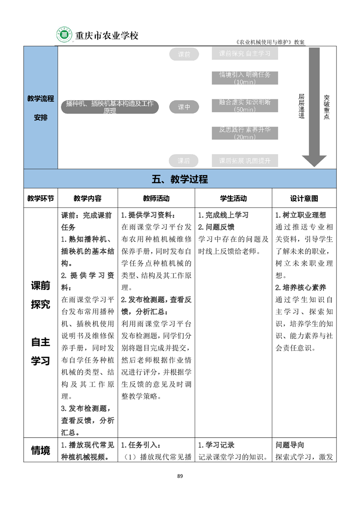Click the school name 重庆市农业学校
point(106,35)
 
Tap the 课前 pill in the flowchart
point(184,54)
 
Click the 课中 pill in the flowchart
point(184,107)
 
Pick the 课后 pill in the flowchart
point(184,161)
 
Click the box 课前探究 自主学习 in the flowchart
point(245,54)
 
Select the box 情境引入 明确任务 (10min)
point(245,78)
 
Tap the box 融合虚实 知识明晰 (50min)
point(245,106)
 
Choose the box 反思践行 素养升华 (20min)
point(245,133)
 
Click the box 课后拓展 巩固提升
point(245,161)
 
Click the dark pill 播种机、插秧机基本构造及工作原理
point(110,107)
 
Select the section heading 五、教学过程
point(180,179)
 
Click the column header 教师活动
point(156,198)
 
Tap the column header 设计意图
point(304,198)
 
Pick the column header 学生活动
point(233,198)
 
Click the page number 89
point(180,476)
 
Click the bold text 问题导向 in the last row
point(290,445)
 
